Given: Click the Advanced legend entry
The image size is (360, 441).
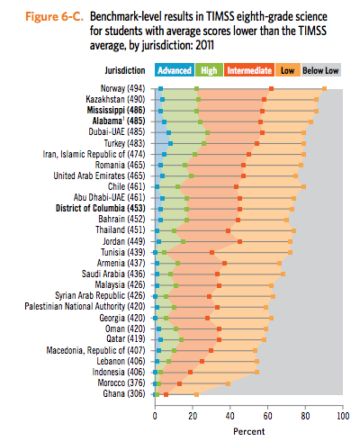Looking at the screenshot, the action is (x=175, y=70).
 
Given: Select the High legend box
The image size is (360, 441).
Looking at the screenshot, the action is (x=209, y=70).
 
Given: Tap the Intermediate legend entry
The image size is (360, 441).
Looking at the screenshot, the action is (x=249, y=70).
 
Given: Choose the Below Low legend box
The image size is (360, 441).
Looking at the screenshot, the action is (x=320, y=70).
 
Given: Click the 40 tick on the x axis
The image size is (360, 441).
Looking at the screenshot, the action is (x=230, y=416).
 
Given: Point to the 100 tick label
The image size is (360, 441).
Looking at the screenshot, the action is (x=343, y=416).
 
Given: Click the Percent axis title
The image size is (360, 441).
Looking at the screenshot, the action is (x=249, y=431).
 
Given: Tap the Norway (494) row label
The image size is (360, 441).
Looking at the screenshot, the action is (x=122, y=88).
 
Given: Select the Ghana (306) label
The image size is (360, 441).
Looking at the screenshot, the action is (x=124, y=393).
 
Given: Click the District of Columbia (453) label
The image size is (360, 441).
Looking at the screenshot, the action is (x=101, y=208).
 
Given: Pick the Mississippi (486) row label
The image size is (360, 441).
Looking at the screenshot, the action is (x=116, y=110).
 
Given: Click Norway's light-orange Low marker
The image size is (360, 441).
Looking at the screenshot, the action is (x=324, y=88).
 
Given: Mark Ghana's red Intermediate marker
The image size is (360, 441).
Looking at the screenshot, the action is (x=166, y=394).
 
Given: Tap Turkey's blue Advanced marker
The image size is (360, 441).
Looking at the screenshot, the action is (x=170, y=143).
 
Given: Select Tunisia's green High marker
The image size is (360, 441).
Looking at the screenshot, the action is (x=164, y=252).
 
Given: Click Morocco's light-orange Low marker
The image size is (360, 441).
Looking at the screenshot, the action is (x=228, y=383).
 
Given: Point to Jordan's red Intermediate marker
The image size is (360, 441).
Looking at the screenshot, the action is (x=239, y=241).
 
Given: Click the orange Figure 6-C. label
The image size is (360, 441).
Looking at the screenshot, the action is (x=54, y=16).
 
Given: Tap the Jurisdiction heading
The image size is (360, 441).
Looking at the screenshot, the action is (x=125, y=70).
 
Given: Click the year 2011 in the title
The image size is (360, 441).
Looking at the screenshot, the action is (x=204, y=45).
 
